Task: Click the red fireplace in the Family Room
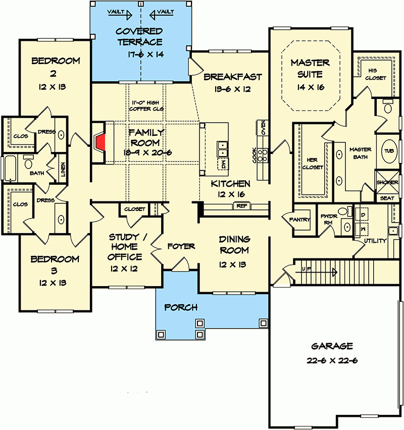tap(102, 142)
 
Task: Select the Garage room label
tap(332, 346)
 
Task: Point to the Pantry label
tap(299, 220)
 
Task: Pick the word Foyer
tap(181, 246)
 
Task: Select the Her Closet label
tap(313, 164)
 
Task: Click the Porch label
tap(181, 307)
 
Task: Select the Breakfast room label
tap(233, 77)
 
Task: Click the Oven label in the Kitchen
tap(263, 127)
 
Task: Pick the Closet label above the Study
tap(134, 209)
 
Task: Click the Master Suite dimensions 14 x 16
tap(310, 87)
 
